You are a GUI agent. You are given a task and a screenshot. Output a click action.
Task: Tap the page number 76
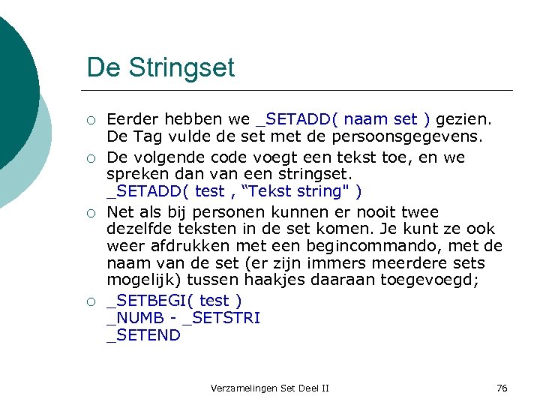pos(502,388)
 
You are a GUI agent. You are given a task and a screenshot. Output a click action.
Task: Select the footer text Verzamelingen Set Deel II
pos(270,388)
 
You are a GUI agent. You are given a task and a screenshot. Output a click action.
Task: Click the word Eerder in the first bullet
pos(131,119)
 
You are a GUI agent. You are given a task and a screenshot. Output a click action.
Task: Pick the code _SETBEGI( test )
pos(174,300)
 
